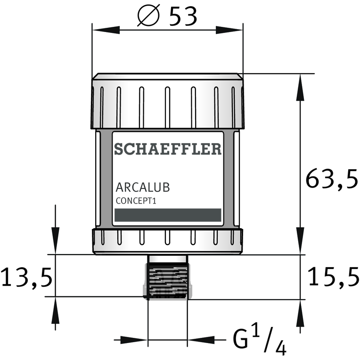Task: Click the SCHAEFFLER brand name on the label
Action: click(168, 149)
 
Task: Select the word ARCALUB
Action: click(143, 187)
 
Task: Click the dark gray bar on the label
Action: click(168, 215)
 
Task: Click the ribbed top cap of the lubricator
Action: click(168, 101)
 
